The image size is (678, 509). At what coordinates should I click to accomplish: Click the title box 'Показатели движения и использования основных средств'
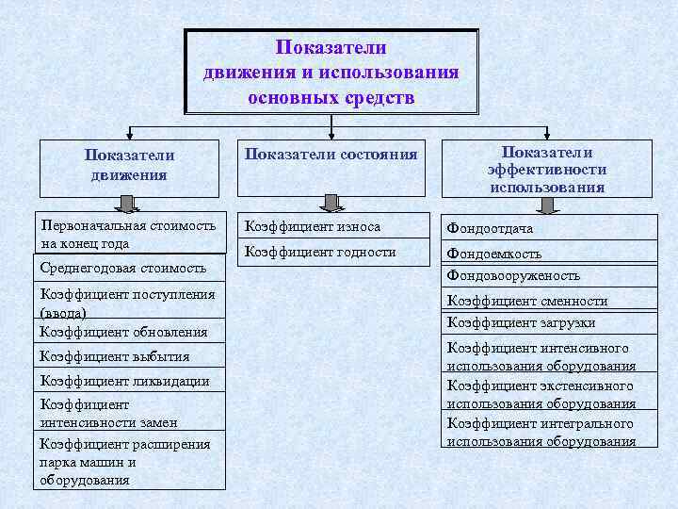tap(331, 72)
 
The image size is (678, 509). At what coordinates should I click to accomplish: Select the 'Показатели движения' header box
tap(129, 166)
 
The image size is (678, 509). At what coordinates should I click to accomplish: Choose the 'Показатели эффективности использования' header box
tap(547, 168)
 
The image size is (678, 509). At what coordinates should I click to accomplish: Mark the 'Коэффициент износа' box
tap(331, 227)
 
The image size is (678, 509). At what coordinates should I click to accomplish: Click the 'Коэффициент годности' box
tap(331, 253)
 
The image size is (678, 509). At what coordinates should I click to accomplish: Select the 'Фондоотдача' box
tap(549, 228)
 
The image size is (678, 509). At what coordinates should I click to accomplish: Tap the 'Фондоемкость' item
tap(549, 253)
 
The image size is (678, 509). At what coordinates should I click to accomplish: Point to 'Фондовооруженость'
tap(549, 276)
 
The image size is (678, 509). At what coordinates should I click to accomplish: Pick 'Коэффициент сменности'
tap(549, 301)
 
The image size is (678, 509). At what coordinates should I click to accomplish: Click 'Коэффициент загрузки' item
tap(549, 322)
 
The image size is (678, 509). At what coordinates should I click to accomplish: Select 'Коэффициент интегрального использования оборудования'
tap(549, 432)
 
